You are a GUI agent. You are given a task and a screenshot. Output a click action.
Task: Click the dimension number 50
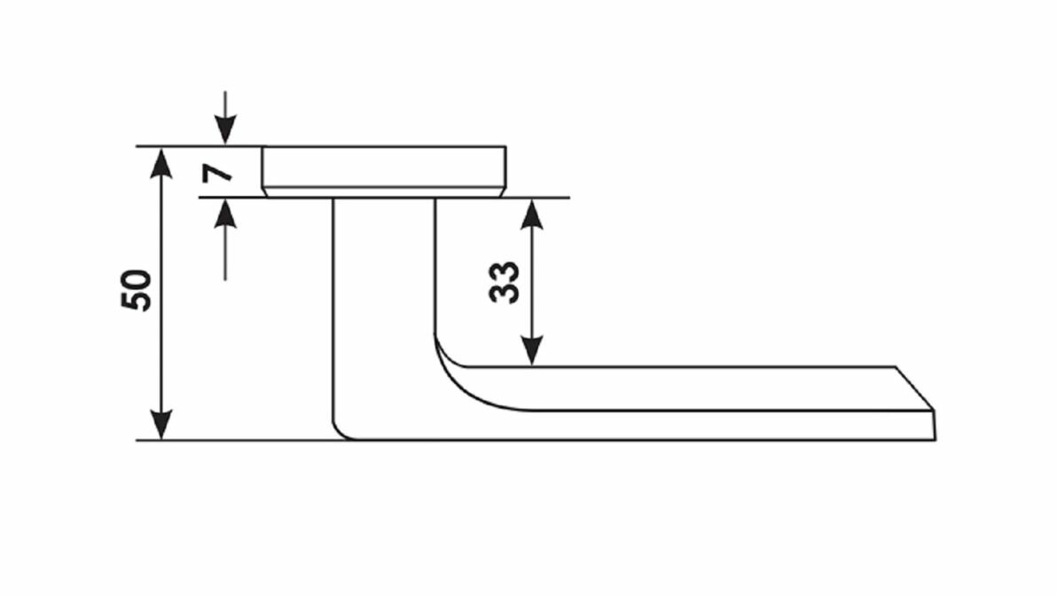click(x=137, y=290)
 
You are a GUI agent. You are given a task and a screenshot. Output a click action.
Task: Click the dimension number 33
click(x=505, y=282)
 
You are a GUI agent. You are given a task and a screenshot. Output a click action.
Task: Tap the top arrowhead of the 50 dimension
click(x=161, y=160)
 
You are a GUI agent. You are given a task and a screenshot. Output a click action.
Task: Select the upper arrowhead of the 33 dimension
click(x=530, y=212)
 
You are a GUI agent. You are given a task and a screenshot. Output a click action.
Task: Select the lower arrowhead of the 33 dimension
click(x=530, y=352)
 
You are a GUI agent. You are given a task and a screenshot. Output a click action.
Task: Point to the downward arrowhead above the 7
click(x=226, y=132)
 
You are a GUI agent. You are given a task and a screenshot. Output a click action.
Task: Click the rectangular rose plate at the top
click(x=384, y=167)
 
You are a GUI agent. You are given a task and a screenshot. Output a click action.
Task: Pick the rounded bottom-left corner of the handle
click(x=341, y=430)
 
